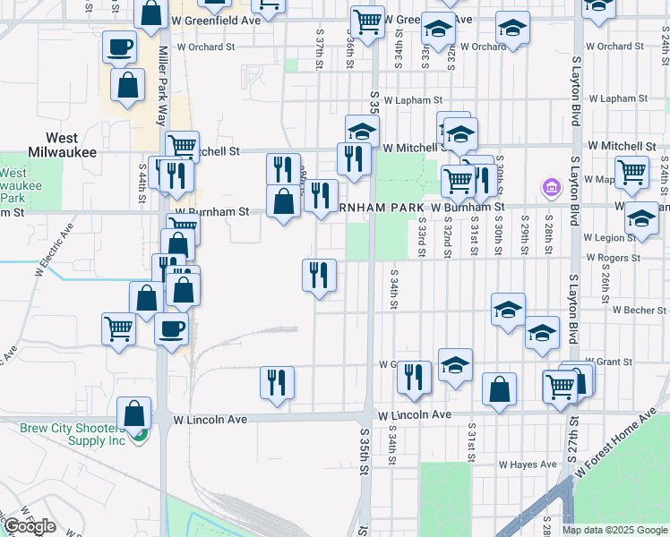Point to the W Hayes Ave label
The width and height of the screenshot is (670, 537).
(x=528, y=465)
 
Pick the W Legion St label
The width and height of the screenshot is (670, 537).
(x=608, y=237)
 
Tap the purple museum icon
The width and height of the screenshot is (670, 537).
(x=551, y=188)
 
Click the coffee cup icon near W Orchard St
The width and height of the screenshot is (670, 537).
(x=119, y=47)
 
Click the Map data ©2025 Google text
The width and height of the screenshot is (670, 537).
(x=614, y=530)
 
